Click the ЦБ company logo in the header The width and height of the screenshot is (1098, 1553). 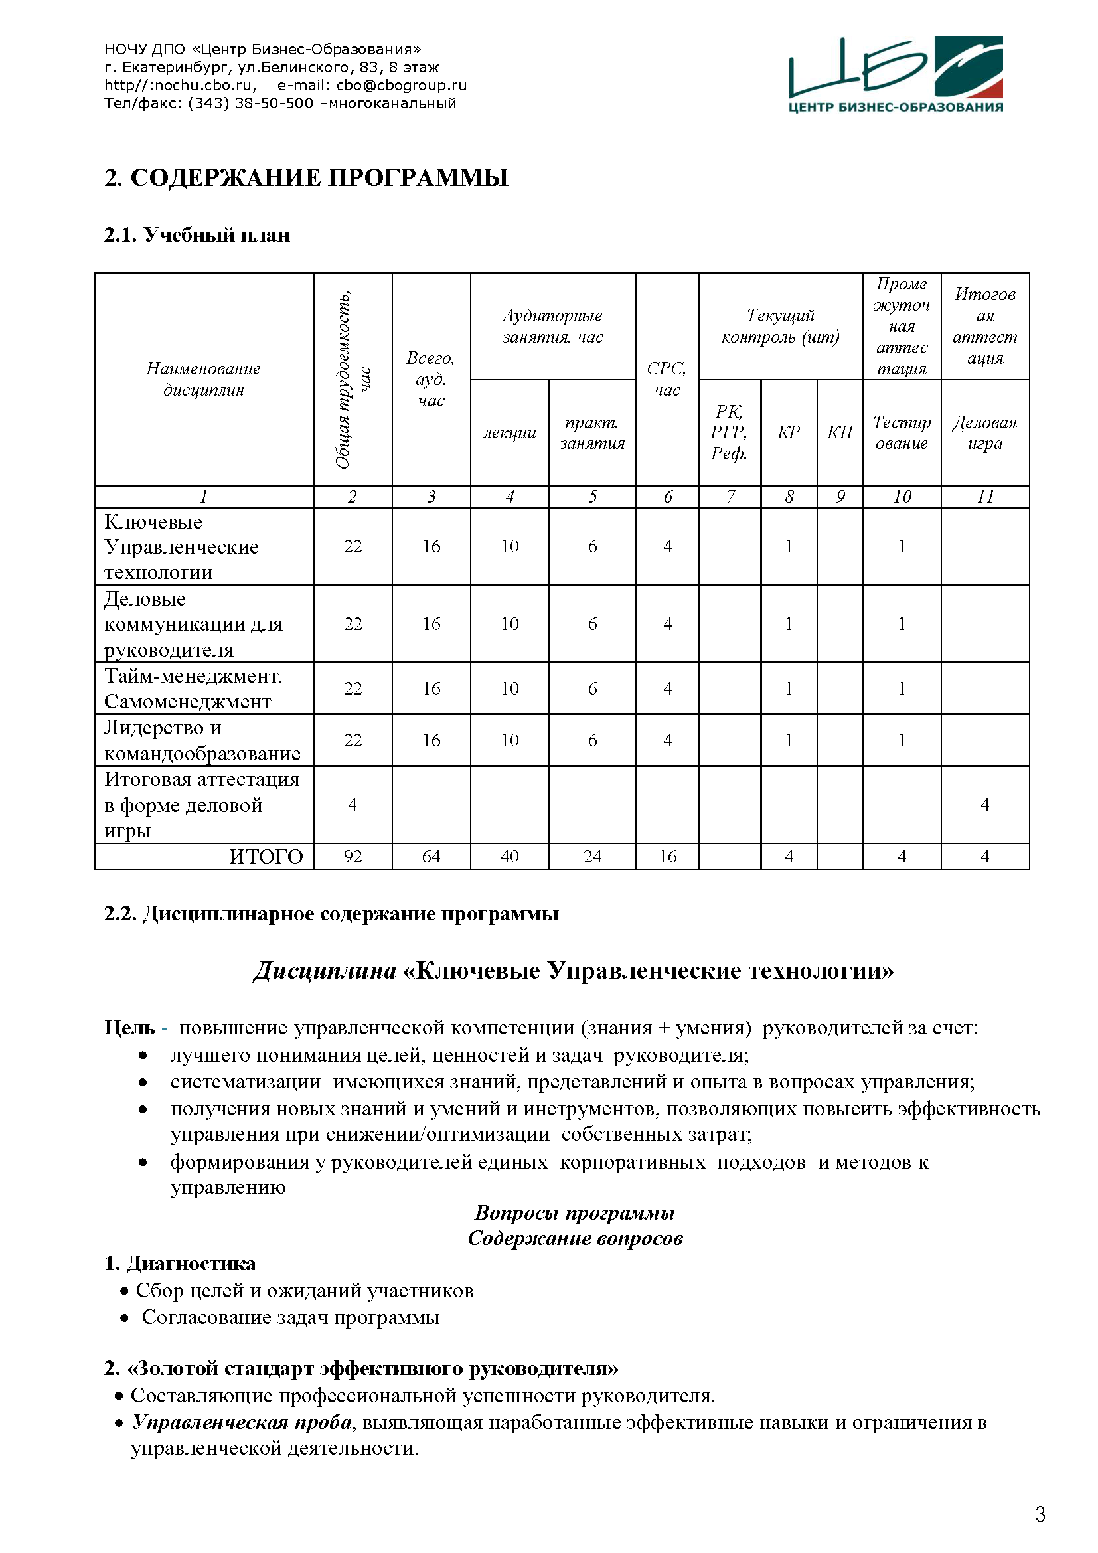pos(895,74)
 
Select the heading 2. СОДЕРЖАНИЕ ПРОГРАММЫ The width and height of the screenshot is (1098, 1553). pos(305,177)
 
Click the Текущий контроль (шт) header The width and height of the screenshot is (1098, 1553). pos(780,326)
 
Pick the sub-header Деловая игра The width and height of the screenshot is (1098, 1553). pos(984,432)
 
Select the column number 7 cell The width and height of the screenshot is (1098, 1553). pos(730,497)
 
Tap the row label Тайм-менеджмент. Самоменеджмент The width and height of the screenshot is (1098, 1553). pos(194,688)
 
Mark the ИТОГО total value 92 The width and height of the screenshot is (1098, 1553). pos(353,857)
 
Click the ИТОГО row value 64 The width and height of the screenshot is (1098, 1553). pos(431,857)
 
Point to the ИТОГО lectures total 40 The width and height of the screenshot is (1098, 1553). pos(509,857)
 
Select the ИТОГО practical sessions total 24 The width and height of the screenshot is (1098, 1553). pos(592,857)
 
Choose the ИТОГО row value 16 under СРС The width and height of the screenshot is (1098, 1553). pos(667,857)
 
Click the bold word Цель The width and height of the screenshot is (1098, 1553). pos(130,1028)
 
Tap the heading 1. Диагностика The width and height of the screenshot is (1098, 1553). pos(180,1264)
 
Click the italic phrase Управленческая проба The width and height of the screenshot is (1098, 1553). pos(242,1422)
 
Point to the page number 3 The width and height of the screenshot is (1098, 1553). pos(1040,1514)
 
